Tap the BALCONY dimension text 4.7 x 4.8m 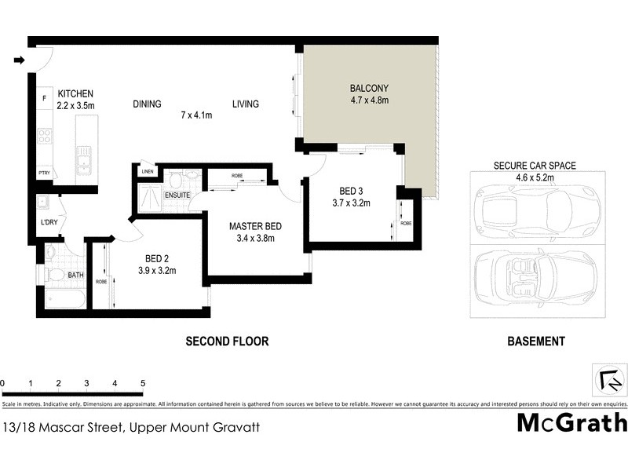coord(369,100)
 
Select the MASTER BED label coord(255,226)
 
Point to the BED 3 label coord(350,191)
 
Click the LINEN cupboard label coord(146,172)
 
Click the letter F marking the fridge coord(45,99)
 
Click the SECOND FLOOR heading coord(227,341)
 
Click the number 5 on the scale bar coord(143,383)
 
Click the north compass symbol coord(610,380)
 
